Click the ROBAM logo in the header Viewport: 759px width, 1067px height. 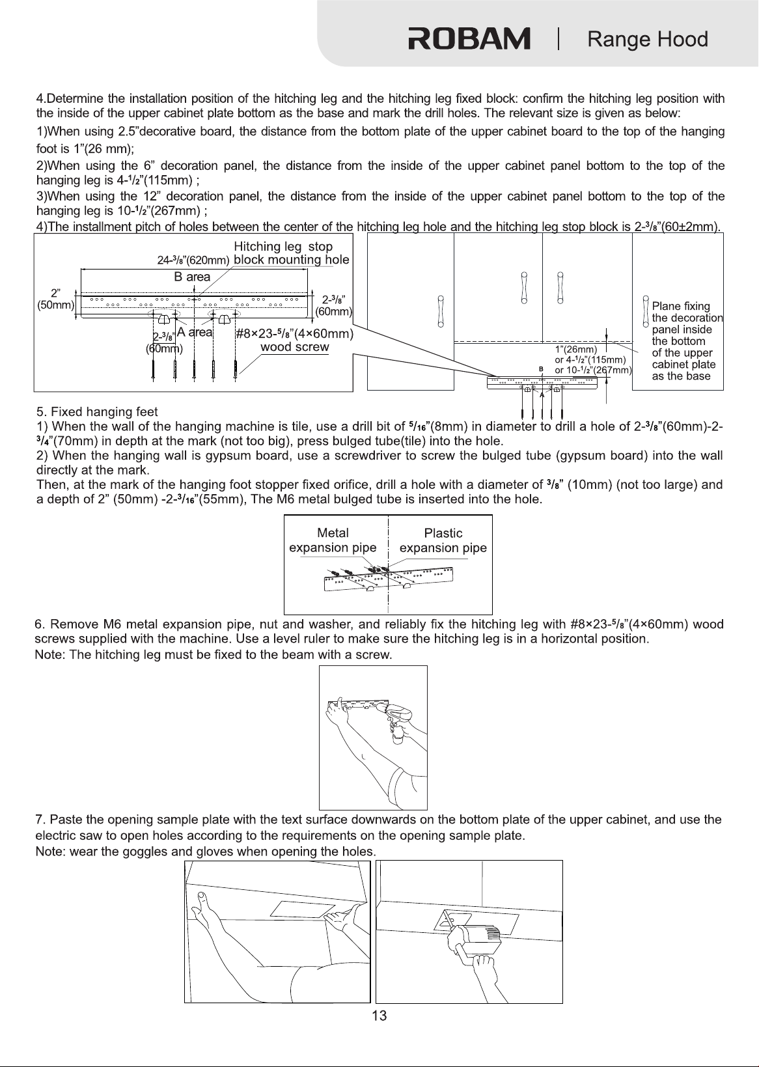[469, 39]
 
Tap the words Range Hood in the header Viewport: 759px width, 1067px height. [648, 39]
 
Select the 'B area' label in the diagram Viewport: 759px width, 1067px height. [192, 277]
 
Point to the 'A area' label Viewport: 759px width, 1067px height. [195, 332]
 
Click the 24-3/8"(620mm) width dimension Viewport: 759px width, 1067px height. [193, 260]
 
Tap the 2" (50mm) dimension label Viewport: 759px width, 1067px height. [56, 299]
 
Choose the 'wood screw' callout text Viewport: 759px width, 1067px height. [295, 347]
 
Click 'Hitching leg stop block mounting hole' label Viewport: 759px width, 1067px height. [292, 253]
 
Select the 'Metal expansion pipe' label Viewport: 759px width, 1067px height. [333, 540]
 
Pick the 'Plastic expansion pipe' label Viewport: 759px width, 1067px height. [443, 540]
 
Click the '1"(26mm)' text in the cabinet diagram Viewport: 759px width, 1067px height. [575, 350]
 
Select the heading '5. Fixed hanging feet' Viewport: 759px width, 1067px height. [97, 411]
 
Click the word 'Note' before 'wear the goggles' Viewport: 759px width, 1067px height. [49, 852]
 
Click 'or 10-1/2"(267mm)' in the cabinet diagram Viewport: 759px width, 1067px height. [593, 370]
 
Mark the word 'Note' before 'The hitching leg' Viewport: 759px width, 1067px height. [49, 654]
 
